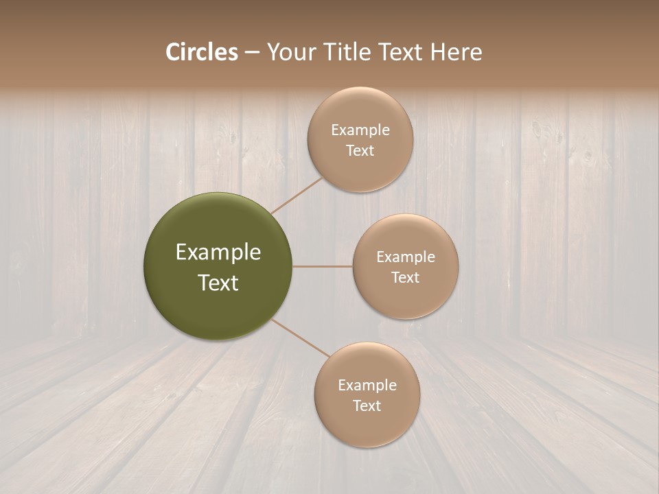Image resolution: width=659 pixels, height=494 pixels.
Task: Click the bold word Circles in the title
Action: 202,51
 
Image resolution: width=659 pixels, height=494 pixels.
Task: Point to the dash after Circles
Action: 252,53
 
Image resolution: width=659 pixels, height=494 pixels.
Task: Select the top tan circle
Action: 360,139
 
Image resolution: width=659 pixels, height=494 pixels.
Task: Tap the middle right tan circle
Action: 405,266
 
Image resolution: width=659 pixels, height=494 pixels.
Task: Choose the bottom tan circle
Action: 367,395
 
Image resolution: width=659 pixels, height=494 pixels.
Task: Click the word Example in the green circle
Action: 218,252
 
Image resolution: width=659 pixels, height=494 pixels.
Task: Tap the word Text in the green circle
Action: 218,283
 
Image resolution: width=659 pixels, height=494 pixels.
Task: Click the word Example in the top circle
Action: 360,130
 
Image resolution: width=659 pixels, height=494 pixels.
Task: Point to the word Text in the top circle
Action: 360,150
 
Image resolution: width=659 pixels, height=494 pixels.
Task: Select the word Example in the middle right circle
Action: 406,257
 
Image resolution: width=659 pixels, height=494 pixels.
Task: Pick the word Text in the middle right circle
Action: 406,277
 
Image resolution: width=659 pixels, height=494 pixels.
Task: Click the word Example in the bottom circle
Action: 367,385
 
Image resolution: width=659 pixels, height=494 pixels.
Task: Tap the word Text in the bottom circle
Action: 367,405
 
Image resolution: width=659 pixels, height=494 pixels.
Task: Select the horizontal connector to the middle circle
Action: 323,266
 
